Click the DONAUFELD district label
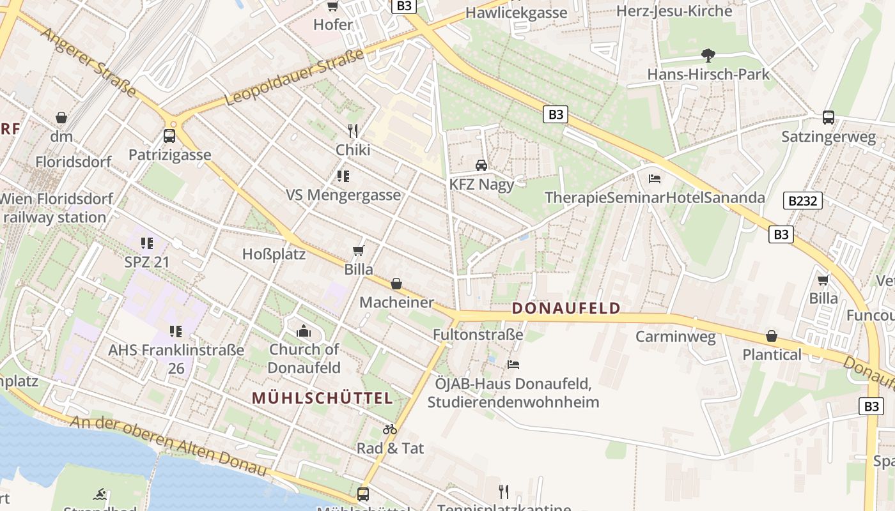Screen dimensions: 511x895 566,309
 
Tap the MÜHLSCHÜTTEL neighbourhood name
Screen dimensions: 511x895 322,398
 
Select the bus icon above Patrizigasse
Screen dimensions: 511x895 169,136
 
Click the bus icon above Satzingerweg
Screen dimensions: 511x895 829,118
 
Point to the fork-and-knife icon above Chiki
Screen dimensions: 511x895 353,131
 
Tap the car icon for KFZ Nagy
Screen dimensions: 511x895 481,165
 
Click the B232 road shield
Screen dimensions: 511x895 802,201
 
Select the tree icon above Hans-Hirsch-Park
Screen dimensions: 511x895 708,56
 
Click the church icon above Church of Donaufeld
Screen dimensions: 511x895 304,331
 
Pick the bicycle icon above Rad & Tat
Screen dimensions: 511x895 390,429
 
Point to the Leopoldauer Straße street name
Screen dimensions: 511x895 295,78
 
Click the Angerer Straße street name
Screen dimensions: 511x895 89,62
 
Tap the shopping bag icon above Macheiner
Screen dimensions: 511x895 396,284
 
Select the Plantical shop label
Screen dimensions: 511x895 772,355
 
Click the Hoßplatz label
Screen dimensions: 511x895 274,254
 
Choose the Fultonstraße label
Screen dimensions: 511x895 478,334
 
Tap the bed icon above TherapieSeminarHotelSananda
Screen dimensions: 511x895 655,179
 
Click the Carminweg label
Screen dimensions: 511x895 675,337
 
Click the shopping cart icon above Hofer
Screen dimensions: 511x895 332,6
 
